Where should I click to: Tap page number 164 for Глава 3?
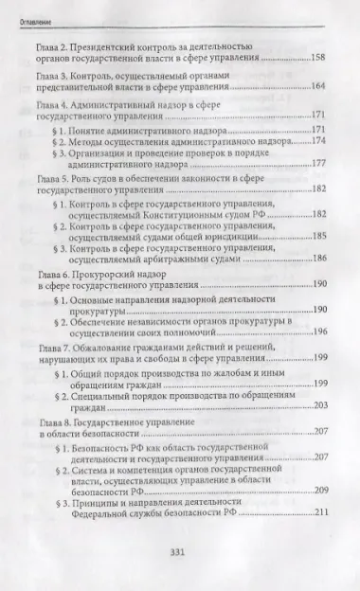(318, 87)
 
